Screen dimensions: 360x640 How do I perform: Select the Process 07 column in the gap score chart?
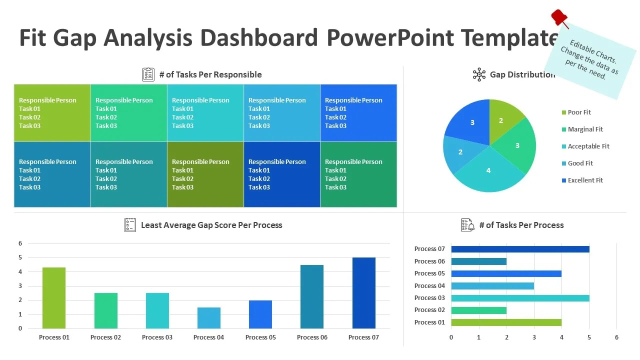click(x=363, y=293)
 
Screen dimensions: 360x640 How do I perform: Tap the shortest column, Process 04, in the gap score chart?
click(x=208, y=317)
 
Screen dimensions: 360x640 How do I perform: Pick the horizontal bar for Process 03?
click(x=520, y=298)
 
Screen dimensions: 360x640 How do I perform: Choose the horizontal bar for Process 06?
click(x=478, y=261)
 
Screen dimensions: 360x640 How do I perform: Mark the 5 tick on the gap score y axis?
click(x=20, y=257)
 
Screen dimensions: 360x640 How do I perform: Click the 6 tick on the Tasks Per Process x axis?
click(x=616, y=337)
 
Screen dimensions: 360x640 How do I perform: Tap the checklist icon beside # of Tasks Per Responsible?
click(x=148, y=74)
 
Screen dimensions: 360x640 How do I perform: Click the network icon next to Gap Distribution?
click(x=479, y=74)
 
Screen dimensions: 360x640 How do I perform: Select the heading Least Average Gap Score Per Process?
click(x=211, y=225)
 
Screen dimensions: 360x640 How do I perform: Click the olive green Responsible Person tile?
click(x=205, y=174)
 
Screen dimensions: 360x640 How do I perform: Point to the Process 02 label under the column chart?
click(x=105, y=337)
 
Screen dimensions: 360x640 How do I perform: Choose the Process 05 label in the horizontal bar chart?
click(x=429, y=273)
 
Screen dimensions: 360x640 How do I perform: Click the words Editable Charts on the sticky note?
click(x=593, y=50)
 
